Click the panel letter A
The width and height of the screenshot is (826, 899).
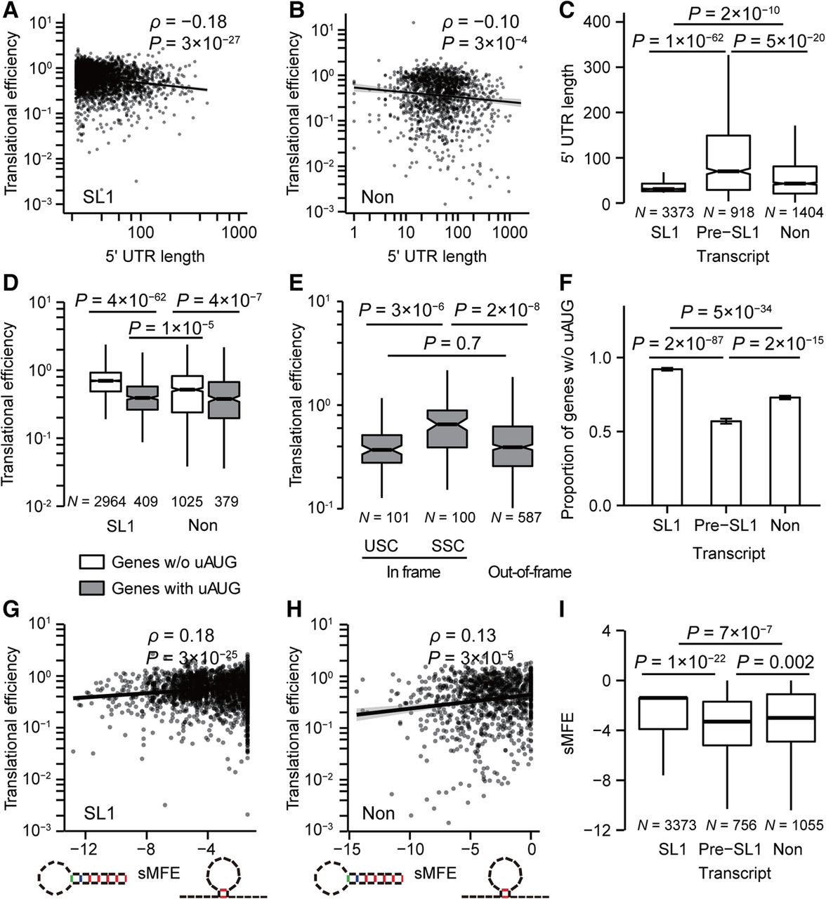(x=9, y=10)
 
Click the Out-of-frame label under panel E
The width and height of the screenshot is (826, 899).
(x=530, y=572)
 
